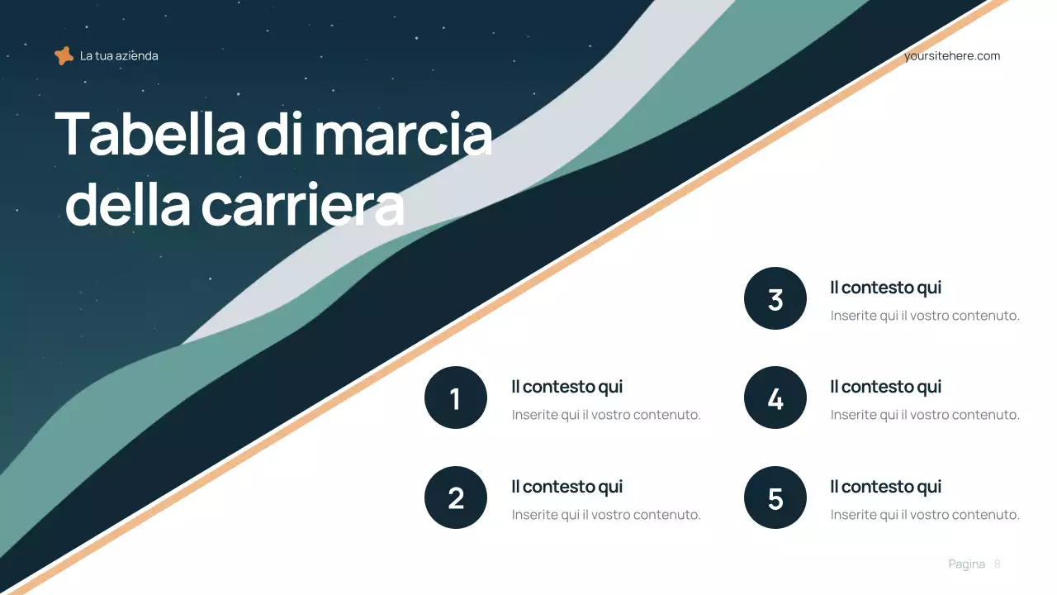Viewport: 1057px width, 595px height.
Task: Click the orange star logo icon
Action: [x=64, y=56]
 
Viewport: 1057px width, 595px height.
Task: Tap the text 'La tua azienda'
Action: [x=119, y=56]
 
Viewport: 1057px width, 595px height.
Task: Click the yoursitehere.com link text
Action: [x=951, y=56]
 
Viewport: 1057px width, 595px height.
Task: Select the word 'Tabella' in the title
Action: [x=149, y=134]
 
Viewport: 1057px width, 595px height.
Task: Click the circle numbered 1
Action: [x=456, y=397]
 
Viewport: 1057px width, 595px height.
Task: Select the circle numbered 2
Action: [x=456, y=497]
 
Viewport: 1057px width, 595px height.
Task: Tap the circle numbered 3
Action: [x=775, y=298]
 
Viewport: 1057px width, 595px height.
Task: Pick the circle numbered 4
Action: [x=775, y=397]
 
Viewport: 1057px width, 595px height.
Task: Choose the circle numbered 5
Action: [x=775, y=497]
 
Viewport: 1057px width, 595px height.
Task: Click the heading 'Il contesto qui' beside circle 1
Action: [x=566, y=387]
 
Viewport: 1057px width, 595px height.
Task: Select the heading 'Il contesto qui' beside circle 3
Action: [x=885, y=288]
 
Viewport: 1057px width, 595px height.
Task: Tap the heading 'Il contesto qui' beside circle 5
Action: [x=885, y=487]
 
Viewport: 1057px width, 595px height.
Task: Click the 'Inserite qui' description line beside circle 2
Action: [x=605, y=515]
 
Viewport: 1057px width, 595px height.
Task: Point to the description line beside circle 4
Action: [x=925, y=415]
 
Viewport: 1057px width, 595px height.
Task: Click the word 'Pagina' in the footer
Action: [x=966, y=564]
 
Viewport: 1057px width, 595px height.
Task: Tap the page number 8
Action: [x=997, y=564]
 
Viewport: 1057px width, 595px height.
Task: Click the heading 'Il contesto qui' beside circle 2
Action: [x=566, y=487]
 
